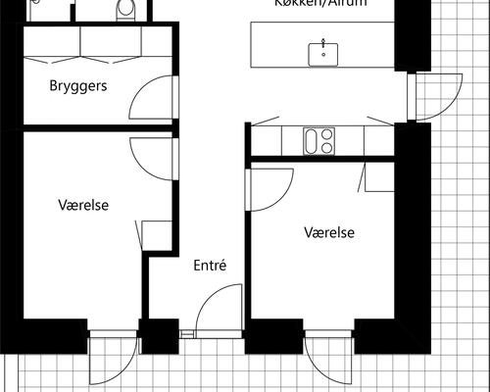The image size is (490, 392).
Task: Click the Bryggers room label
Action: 77,86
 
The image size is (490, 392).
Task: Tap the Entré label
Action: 210,265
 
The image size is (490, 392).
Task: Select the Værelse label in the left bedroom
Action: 82,206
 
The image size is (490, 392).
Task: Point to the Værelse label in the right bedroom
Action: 328,233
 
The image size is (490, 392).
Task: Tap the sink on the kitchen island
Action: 321,54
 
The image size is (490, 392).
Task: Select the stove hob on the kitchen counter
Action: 318,141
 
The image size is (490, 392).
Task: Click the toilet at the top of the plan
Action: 124,10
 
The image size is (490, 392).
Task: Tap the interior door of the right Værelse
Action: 271,184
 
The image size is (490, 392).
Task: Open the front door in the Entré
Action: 218,311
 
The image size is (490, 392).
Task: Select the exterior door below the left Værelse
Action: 111,358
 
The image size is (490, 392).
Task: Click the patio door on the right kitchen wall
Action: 435,97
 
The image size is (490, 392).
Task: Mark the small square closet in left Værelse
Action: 157,236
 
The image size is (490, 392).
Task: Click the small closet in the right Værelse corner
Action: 378,177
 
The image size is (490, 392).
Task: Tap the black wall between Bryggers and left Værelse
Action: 98,127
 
